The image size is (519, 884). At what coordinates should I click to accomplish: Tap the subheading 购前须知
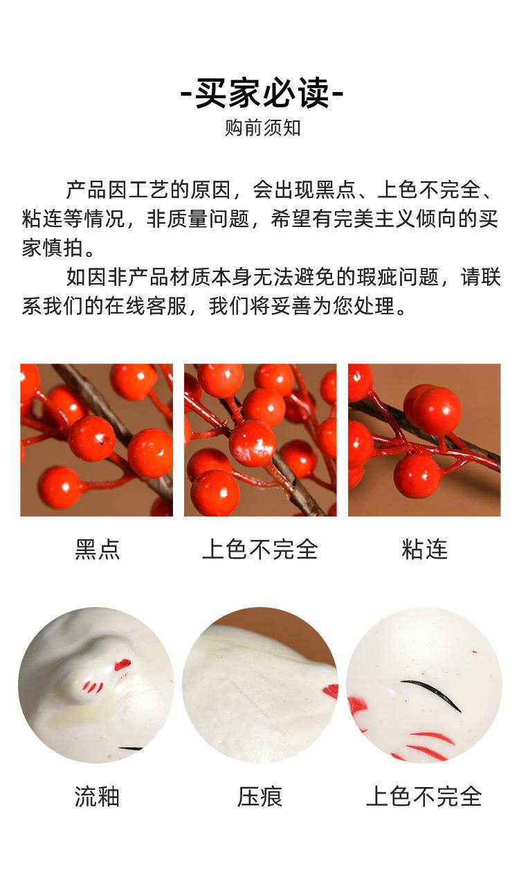tap(262, 129)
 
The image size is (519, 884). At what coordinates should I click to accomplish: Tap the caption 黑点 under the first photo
tap(97, 549)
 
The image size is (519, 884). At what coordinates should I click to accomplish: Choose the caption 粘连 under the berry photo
tap(424, 549)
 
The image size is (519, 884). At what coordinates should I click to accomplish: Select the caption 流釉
tap(97, 796)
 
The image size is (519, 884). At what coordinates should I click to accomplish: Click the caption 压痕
tap(260, 796)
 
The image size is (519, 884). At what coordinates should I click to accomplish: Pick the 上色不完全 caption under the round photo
tap(424, 796)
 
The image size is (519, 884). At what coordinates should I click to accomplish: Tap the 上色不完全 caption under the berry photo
tap(260, 549)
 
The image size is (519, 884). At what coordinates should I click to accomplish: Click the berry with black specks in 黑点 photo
tap(92, 438)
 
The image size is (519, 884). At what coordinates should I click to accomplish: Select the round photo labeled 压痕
tap(260, 685)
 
